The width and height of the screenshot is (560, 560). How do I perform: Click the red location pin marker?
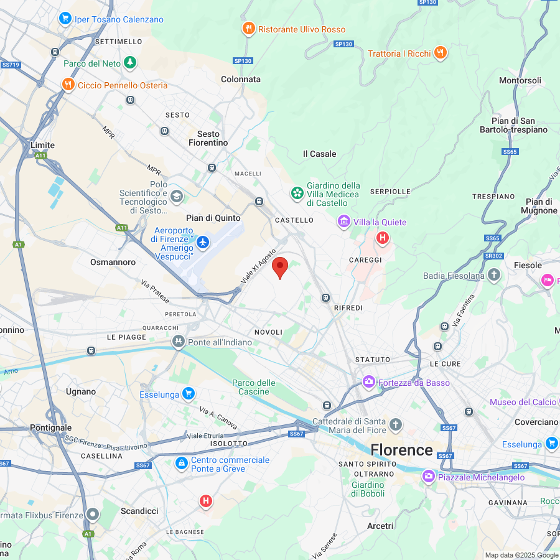tap(281, 268)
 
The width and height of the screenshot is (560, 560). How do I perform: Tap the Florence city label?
tap(401, 450)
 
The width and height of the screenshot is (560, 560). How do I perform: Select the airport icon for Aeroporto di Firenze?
tap(203, 240)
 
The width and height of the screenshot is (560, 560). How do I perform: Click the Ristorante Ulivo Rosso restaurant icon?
tap(248, 29)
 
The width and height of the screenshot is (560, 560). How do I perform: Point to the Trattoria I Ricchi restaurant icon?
tap(441, 53)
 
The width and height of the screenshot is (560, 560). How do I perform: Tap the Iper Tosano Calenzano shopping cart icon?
tap(65, 19)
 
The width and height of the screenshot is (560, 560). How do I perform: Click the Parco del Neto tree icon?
tap(129, 63)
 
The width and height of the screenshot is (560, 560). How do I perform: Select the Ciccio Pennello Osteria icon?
tap(68, 85)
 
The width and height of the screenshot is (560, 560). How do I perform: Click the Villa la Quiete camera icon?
tap(343, 222)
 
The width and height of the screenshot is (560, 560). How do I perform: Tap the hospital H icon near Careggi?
tap(383, 238)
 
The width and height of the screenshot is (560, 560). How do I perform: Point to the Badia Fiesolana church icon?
tap(494, 275)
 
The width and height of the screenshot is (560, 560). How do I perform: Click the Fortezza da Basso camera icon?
tap(368, 382)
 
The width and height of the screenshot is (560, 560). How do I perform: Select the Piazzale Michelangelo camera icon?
tap(428, 477)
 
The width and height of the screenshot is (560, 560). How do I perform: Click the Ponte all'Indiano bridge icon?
tap(179, 342)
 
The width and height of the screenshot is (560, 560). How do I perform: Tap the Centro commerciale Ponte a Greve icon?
tap(181, 464)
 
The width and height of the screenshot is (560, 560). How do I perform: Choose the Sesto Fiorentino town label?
tap(208, 138)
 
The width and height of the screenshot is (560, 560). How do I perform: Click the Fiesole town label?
tap(528, 265)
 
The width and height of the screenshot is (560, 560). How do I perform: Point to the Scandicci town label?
tap(139, 511)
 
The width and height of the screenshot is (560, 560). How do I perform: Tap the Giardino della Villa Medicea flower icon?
tap(297, 194)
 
